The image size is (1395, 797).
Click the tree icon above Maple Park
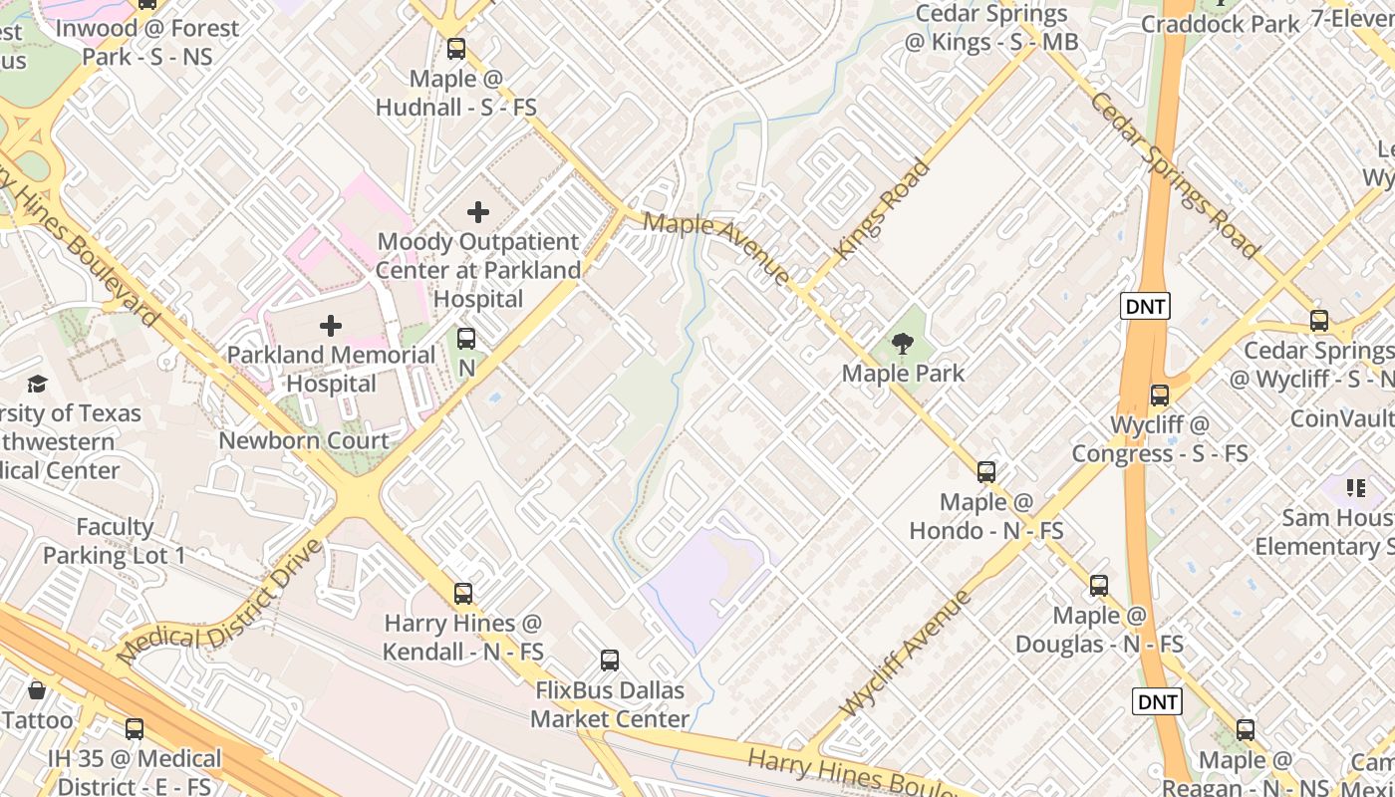coord(903,345)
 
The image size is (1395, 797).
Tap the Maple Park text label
coord(903,374)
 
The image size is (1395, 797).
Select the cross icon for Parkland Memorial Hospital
coord(330,326)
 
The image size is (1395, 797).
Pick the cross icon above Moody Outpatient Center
coord(478,212)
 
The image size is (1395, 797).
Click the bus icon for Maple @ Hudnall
coord(456,49)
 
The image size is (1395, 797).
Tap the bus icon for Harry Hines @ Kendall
coord(463,594)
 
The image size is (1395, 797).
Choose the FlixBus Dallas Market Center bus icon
coord(610,661)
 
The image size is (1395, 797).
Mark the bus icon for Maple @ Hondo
coord(986,472)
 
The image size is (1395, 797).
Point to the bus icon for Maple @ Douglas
coord(1099,586)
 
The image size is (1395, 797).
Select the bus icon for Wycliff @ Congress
coord(1159,395)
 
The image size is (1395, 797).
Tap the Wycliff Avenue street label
coord(905,654)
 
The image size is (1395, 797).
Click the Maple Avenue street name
coord(716,248)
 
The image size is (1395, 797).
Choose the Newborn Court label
coord(304,440)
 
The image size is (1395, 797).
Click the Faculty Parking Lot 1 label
coord(115,541)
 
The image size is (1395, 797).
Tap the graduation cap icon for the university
coord(37,384)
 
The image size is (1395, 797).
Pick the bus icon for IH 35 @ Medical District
coord(135,729)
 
